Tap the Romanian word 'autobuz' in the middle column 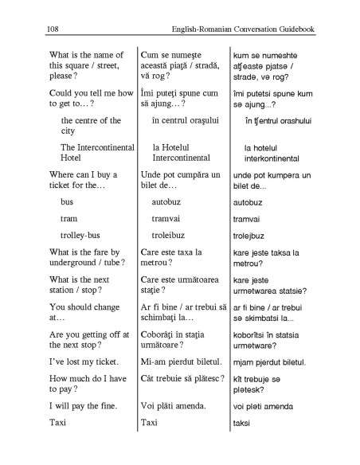(167, 202)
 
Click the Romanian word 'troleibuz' (169, 236)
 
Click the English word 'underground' (75, 264)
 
